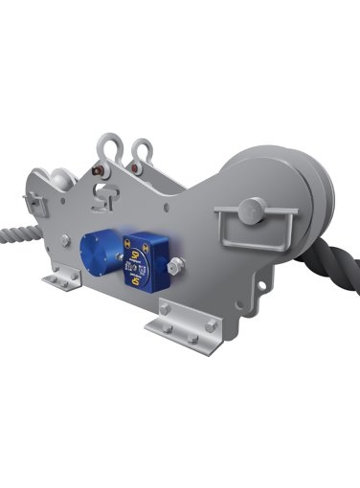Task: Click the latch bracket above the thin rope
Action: click(x=37, y=204)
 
